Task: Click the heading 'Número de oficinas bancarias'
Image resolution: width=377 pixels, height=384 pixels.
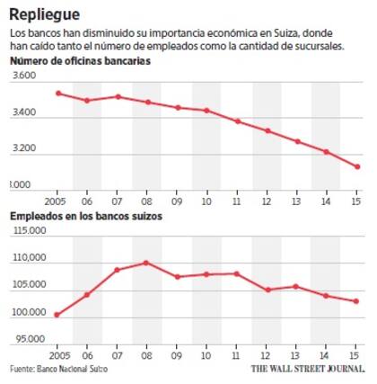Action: [80, 60]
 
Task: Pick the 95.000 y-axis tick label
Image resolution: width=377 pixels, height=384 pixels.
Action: [30, 340]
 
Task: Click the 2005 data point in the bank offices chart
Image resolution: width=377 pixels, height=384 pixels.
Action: [57, 93]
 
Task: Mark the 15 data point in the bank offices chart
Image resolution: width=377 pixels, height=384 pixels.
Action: [356, 166]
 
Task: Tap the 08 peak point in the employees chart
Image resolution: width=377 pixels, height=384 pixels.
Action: [146, 263]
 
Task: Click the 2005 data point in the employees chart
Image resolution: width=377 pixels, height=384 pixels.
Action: [57, 315]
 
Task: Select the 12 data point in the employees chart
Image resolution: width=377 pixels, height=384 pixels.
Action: [267, 290]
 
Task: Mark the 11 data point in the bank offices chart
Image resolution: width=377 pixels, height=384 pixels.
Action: [237, 121]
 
